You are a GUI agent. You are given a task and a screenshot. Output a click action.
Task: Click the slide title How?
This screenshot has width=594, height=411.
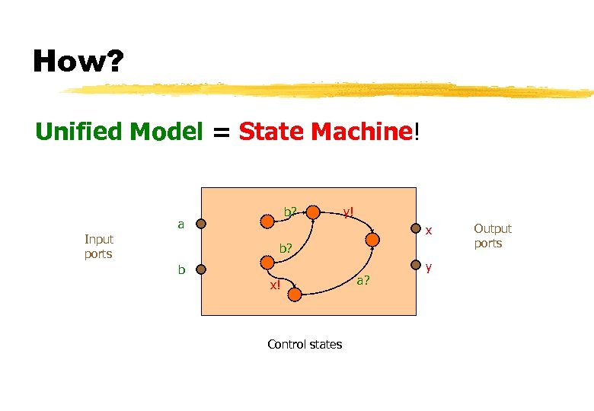[x=77, y=61]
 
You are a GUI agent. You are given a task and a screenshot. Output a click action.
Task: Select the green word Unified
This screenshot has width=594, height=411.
[x=81, y=132]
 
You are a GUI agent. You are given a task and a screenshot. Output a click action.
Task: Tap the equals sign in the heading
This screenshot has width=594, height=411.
[x=220, y=132]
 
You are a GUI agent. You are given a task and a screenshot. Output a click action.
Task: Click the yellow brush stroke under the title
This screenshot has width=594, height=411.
[x=327, y=91]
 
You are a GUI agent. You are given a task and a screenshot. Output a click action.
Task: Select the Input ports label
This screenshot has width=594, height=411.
[x=98, y=247]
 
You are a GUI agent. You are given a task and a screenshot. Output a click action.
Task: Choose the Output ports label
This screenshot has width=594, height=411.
[x=492, y=235]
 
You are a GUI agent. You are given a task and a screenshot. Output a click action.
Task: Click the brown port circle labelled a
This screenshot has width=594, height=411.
[x=201, y=224]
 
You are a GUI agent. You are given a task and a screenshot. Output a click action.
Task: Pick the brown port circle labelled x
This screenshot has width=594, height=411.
[x=416, y=228]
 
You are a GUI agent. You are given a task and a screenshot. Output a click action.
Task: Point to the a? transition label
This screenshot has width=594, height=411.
[x=364, y=281]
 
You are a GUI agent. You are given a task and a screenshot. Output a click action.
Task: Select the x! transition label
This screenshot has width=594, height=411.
[x=274, y=285]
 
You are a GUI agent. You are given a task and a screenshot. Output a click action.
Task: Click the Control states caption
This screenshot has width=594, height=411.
[x=305, y=344]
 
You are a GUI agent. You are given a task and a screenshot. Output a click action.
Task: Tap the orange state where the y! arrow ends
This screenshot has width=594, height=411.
[x=372, y=240]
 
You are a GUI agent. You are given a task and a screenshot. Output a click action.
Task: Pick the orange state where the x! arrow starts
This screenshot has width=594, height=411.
[x=267, y=263]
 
